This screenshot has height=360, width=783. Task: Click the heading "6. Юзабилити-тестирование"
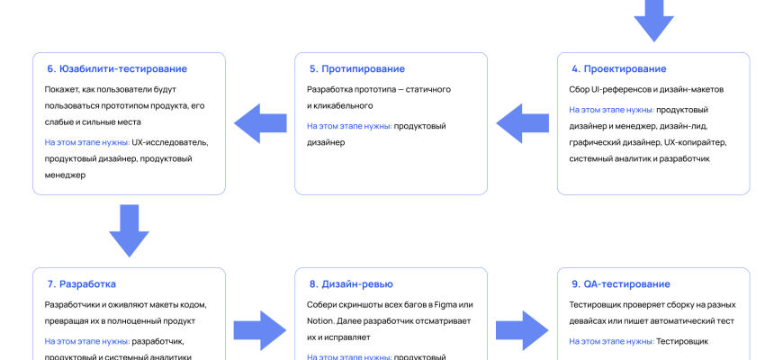click(117, 68)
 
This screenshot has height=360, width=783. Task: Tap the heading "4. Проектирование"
click(618, 68)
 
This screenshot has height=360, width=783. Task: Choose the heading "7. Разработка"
click(81, 284)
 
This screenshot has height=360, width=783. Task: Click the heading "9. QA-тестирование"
click(620, 284)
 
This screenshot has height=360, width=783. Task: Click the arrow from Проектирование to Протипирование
click(522, 123)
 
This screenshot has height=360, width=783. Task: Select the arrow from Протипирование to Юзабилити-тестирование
click(260, 123)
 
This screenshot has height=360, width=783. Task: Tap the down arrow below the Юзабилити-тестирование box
click(129, 231)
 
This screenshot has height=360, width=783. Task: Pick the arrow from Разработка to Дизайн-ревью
click(260, 328)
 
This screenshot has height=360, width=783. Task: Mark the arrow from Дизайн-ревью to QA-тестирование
click(522, 328)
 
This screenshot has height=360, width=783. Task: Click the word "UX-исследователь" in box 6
click(170, 142)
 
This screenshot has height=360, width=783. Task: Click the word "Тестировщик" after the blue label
click(683, 341)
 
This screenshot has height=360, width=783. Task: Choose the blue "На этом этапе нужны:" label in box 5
click(349, 126)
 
